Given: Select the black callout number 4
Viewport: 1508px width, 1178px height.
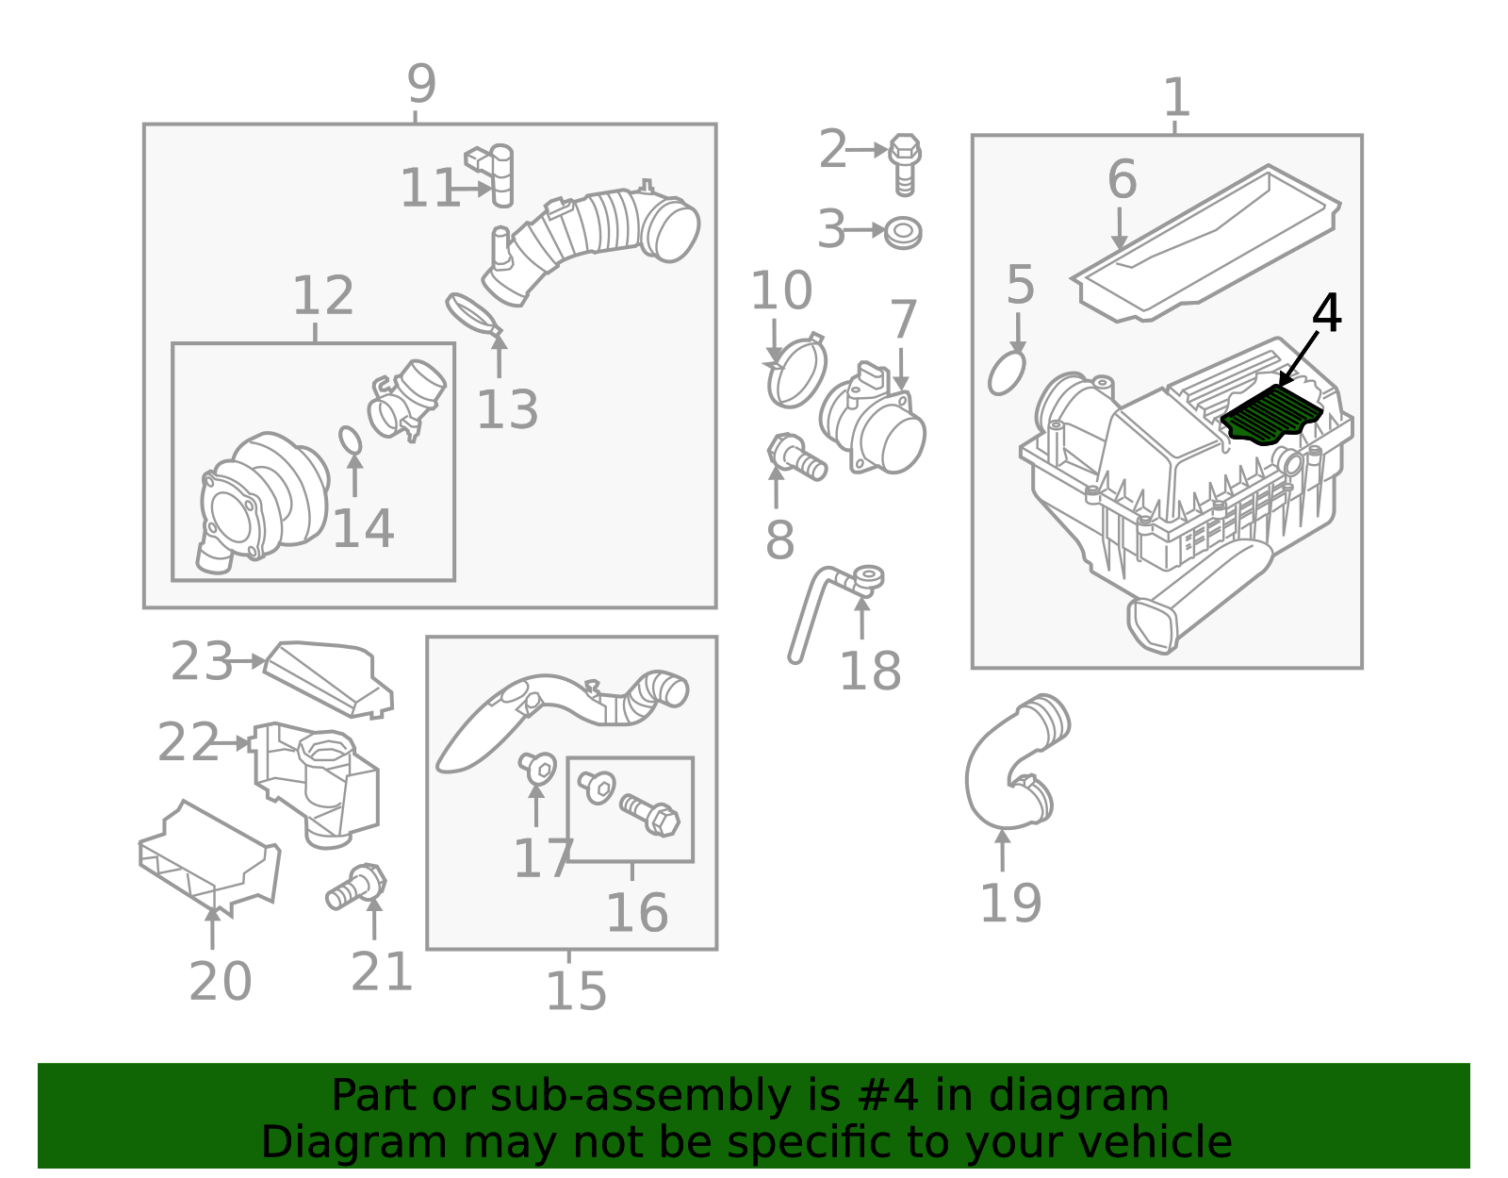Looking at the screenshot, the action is pyautogui.click(x=1326, y=313).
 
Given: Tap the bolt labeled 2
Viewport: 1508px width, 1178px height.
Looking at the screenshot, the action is pyautogui.click(x=904, y=164).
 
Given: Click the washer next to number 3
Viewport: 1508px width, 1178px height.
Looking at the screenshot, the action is pyautogui.click(x=903, y=233).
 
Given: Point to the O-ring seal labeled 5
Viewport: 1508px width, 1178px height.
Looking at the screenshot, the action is pyautogui.click(x=1006, y=373).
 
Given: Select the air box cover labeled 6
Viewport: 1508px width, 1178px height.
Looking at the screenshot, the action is pyautogui.click(x=1206, y=243).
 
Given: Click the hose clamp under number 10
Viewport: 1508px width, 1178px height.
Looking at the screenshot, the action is pyautogui.click(x=796, y=370).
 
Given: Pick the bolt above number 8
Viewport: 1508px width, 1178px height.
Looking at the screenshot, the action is pyautogui.click(x=796, y=456).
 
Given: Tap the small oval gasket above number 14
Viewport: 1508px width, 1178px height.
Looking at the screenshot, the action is pyautogui.click(x=351, y=440).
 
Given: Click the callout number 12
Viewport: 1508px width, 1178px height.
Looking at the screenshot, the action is pyautogui.click(x=323, y=295).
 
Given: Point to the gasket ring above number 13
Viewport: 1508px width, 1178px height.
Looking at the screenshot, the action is pyautogui.click(x=473, y=314).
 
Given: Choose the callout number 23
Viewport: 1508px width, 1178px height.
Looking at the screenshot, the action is pyautogui.click(x=202, y=660).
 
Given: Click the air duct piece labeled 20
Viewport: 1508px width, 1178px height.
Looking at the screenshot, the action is pyautogui.click(x=209, y=857).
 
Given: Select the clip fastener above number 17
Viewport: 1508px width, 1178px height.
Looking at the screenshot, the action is pyautogui.click(x=537, y=768).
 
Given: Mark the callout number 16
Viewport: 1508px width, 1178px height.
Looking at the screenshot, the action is pyautogui.click(x=637, y=913).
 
